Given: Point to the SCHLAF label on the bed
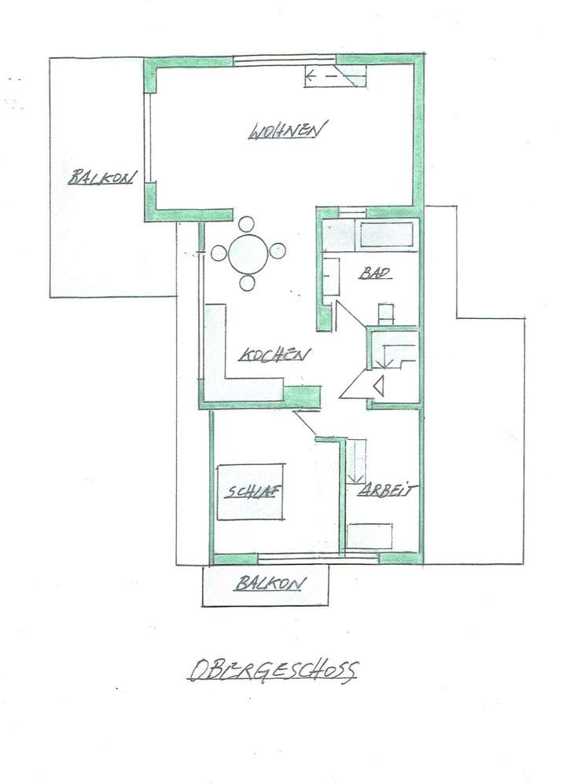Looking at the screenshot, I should (252, 493).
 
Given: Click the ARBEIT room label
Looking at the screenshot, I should (388, 490).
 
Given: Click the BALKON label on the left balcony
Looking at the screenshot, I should (102, 177).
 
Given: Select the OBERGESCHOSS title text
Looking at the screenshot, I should (274, 671).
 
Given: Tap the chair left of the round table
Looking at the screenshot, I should (218, 253).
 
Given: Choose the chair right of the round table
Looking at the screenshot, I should (277, 252).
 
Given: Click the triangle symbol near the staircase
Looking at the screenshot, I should (378, 386).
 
